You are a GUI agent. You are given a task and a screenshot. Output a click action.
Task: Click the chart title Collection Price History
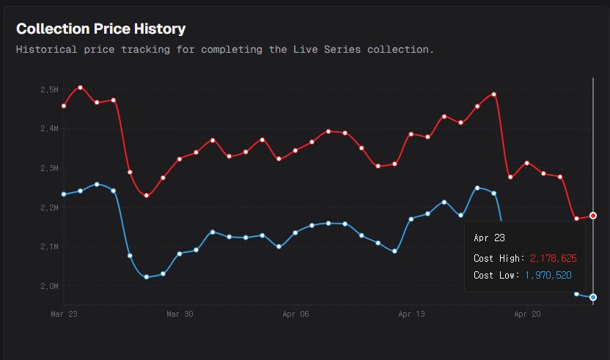tap(100, 29)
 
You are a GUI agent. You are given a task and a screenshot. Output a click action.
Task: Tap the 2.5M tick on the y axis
tap(49, 89)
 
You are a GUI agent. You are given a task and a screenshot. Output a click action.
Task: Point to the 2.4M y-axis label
tap(49, 129)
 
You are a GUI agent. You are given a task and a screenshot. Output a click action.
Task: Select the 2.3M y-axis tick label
tap(49, 168)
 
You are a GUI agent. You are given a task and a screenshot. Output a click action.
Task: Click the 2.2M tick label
tap(49, 207)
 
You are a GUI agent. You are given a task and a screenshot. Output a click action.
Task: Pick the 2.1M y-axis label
tap(49, 246)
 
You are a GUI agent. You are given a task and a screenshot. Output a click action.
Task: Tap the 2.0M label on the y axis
tap(49, 286)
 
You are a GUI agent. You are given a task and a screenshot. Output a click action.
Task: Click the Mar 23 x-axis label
tap(64, 314)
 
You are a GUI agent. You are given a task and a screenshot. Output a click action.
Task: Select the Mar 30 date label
tap(180, 314)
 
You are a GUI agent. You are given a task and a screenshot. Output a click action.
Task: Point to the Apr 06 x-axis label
tap(295, 314)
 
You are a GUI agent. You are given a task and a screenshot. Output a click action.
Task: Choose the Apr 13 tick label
tap(411, 314)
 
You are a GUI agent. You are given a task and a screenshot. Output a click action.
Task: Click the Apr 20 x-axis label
tap(527, 314)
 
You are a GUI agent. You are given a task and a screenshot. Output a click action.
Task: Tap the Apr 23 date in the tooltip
tap(489, 238)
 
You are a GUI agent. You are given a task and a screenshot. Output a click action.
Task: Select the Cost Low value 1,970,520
tap(548, 275)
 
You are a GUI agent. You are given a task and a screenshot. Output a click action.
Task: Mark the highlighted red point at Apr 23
tap(593, 216)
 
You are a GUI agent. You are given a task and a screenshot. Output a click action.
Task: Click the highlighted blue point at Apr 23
tap(593, 297)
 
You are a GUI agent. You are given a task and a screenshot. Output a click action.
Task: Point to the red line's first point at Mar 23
tap(64, 106)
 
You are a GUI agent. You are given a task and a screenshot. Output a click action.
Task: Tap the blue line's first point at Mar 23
tap(64, 194)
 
